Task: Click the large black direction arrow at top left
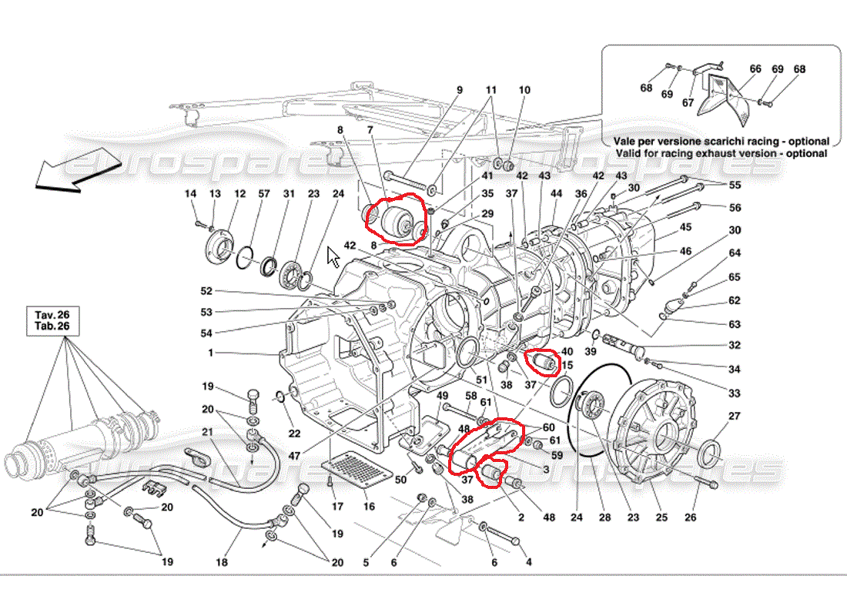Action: click(x=75, y=169)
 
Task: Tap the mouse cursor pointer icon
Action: click(x=333, y=257)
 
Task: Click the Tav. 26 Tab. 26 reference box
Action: click(x=52, y=320)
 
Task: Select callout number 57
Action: click(x=263, y=193)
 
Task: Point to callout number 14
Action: click(x=191, y=193)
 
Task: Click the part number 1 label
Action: click(x=211, y=353)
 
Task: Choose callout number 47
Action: click(x=294, y=456)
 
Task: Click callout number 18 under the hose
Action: click(x=222, y=562)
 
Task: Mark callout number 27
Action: click(x=734, y=416)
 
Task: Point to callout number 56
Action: click(x=735, y=207)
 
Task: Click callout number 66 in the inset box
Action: click(x=755, y=69)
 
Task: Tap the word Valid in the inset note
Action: click(x=628, y=153)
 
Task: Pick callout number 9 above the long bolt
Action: click(x=460, y=90)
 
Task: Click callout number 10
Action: click(x=524, y=90)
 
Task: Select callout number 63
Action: click(x=735, y=324)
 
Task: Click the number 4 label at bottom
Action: click(x=529, y=562)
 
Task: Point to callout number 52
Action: click(x=206, y=291)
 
